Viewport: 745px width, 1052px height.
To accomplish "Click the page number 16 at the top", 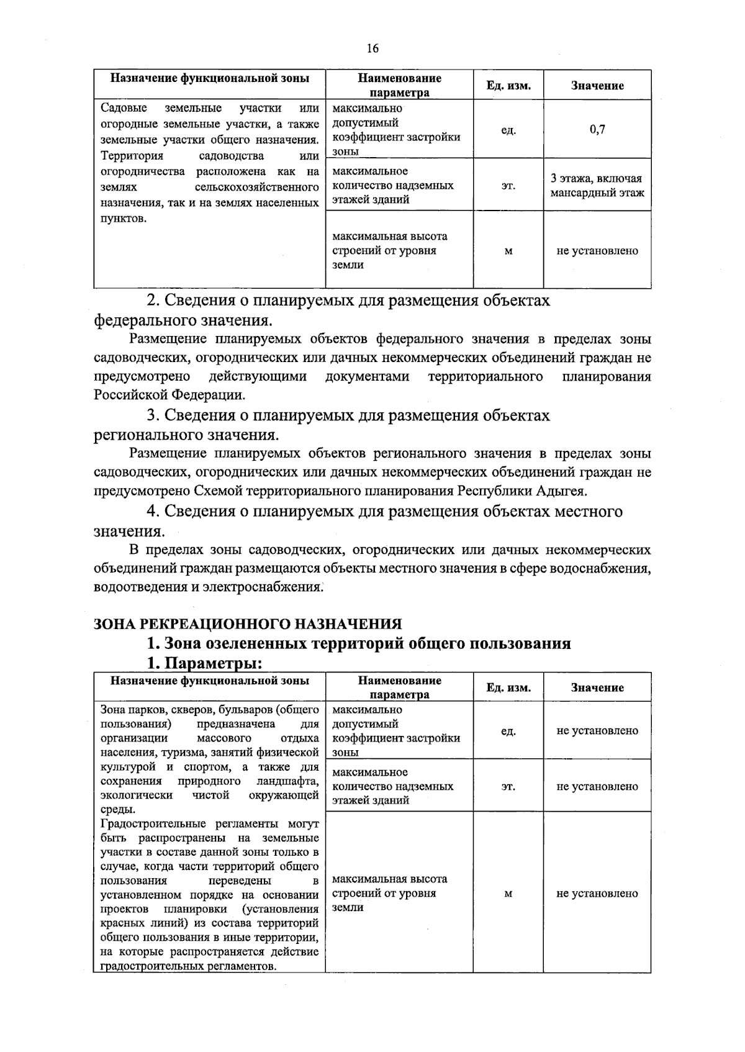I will click(x=372, y=49).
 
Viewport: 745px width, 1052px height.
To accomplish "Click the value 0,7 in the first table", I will click(x=597, y=129).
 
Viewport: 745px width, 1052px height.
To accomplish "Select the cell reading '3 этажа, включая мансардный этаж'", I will click(x=597, y=186).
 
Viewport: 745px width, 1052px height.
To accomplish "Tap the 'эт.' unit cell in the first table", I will click(x=508, y=186).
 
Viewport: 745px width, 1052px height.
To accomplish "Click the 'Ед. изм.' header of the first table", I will click(x=508, y=86).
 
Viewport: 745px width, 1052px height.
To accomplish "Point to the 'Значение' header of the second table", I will click(x=597, y=687).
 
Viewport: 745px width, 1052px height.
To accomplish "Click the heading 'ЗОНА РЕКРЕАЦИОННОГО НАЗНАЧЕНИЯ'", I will click(x=248, y=623).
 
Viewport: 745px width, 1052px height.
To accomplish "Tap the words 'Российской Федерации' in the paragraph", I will click(x=169, y=395).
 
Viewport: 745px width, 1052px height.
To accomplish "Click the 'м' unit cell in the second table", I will click(x=508, y=894).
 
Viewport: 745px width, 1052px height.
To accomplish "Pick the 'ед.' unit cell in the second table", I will click(x=508, y=731).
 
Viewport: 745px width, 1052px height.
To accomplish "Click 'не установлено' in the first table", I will click(x=597, y=251).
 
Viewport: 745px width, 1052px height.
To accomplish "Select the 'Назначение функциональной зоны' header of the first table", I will click(x=209, y=79).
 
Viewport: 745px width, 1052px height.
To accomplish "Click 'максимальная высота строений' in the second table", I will click(x=389, y=886).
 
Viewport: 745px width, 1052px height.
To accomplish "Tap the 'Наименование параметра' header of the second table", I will click(x=399, y=687).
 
